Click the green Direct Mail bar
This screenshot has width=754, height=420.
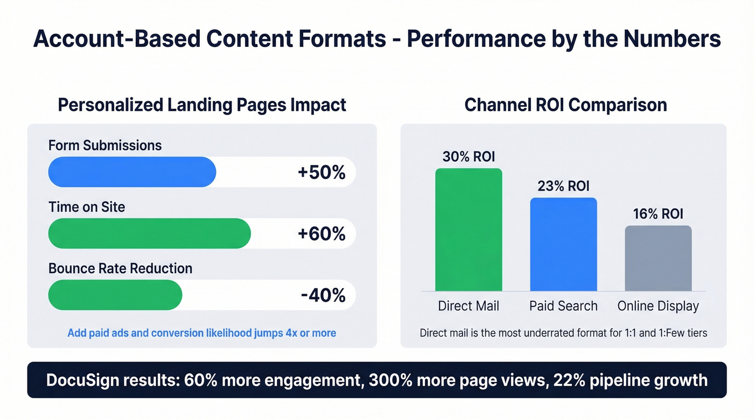click(x=469, y=230)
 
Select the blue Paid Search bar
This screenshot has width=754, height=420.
click(x=563, y=244)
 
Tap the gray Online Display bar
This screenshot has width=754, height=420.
click(x=658, y=258)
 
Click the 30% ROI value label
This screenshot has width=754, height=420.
click(x=469, y=156)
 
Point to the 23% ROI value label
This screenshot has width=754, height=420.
click(x=563, y=186)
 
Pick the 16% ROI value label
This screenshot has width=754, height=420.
click(x=658, y=214)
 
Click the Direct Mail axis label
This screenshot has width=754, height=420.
click(x=469, y=306)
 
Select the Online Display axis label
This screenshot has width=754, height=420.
click(x=658, y=306)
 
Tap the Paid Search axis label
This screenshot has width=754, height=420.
click(x=563, y=306)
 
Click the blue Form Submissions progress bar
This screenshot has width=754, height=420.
click(x=132, y=172)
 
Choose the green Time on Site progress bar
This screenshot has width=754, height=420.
click(x=149, y=233)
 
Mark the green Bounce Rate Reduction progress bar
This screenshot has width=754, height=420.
click(x=115, y=295)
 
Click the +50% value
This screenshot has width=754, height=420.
click(x=322, y=173)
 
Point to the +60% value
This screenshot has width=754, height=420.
click(x=322, y=234)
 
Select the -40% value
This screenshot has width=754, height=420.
click(x=323, y=295)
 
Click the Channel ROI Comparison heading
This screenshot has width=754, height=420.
click(x=565, y=104)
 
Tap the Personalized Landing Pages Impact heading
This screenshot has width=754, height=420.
click(x=202, y=104)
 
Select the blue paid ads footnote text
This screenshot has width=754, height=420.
click(x=201, y=333)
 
